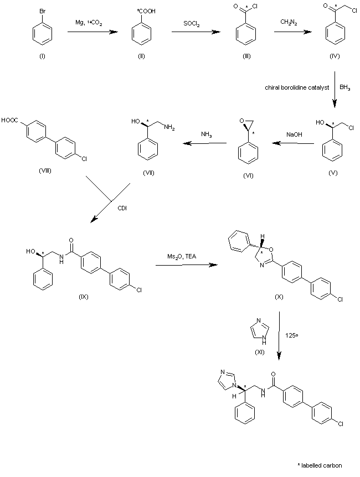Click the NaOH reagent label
tap(294, 134)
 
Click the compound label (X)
tap(280, 297)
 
